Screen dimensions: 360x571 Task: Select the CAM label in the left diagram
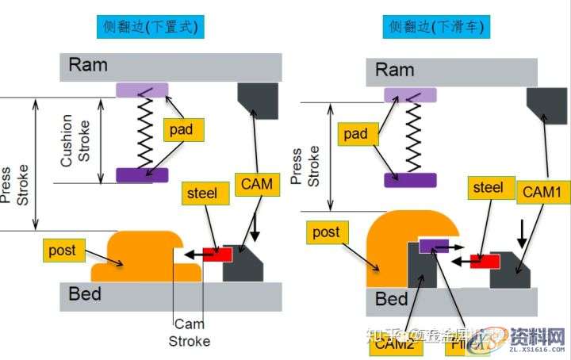(x=255, y=185)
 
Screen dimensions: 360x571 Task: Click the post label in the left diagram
(x=63, y=251)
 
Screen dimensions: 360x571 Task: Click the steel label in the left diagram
(x=201, y=191)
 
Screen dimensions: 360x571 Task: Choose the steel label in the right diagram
(x=488, y=187)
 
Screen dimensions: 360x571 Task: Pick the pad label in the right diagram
(x=356, y=134)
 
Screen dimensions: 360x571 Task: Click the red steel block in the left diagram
(x=217, y=254)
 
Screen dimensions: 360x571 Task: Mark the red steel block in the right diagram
(x=484, y=260)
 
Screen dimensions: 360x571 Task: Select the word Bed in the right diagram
(x=391, y=299)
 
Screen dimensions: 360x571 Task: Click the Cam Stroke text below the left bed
(x=190, y=333)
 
